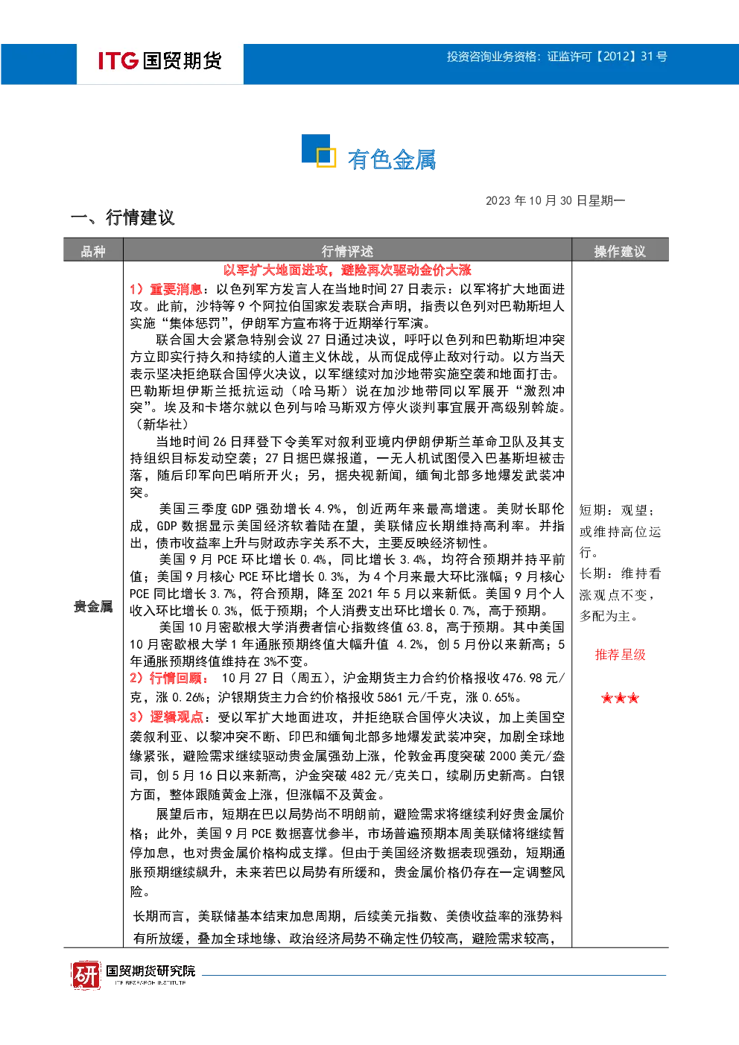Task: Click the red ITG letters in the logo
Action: coord(118,60)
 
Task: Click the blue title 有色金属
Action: coord(391,159)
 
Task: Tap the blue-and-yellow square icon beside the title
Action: coord(319,150)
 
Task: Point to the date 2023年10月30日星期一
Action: coord(555,200)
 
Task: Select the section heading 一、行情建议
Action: coord(122,217)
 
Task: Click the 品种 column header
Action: coord(93,252)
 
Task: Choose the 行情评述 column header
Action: coord(347,252)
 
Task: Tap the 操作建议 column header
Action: coord(620,252)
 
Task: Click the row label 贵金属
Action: coord(93,606)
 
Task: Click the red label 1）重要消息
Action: coord(165,289)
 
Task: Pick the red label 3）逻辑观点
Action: coord(166,717)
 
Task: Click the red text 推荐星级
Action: coord(620,655)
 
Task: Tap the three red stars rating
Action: coord(620,698)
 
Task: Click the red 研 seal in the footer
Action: coord(86,974)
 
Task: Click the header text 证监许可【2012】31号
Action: coord(607,57)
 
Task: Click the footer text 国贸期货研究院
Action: coord(150,971)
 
